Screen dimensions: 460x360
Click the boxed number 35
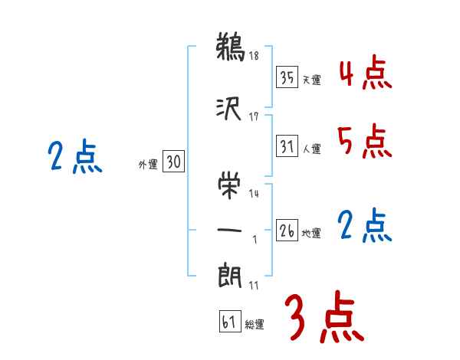coord(287,77)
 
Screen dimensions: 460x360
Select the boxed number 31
coord(287,146)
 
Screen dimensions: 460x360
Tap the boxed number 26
coord(287,231)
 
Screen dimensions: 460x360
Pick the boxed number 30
coord(173,162)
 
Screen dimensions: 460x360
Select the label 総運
coord(255,325)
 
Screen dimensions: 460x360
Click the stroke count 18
coord(255,56)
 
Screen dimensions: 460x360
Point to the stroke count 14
coord(255,195)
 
